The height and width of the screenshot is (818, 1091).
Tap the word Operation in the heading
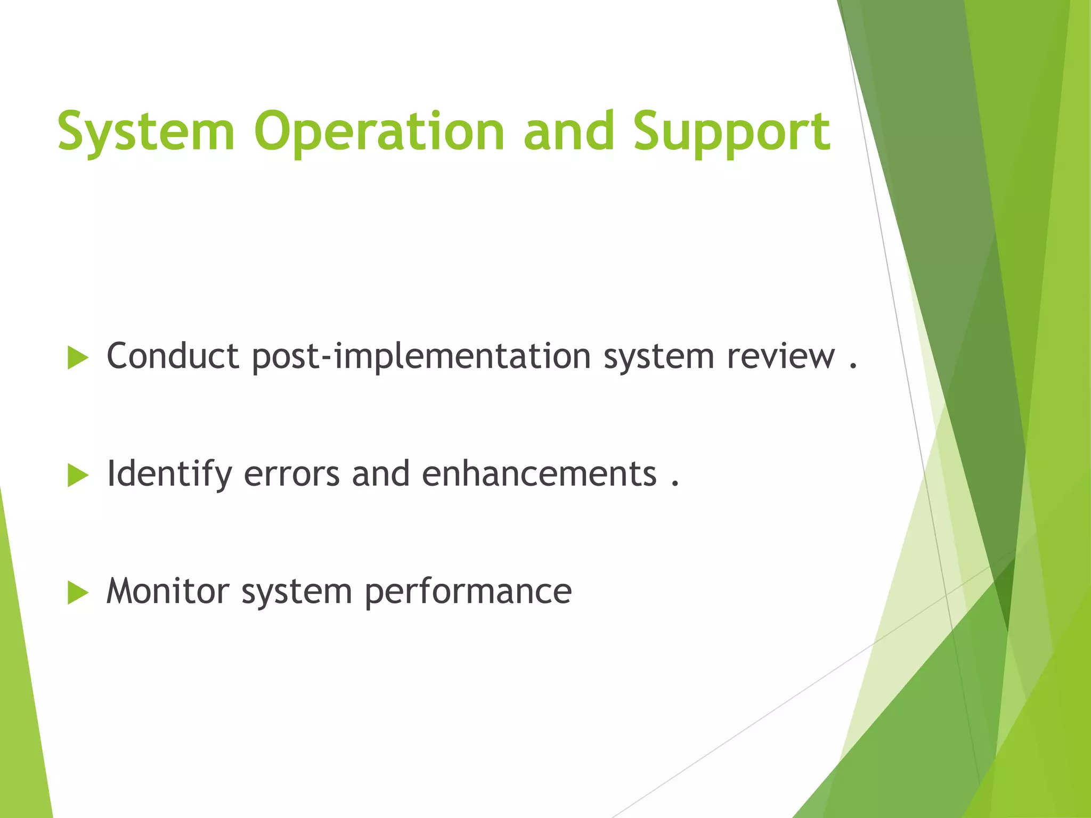tap(379, 132)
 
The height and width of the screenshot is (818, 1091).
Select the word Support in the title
tap(731, 132)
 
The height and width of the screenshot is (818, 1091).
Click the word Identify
tap(169, 474)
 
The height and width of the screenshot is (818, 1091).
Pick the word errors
tap(291, 474)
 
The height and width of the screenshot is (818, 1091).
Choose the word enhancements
tap(539, 474)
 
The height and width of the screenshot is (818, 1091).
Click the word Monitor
tap(168, 591)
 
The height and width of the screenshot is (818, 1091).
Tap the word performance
tap(468, 592)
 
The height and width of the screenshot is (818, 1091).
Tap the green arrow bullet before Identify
tap(78, 475)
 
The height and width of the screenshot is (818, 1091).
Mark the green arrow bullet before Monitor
tap(78, 593)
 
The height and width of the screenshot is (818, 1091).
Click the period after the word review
tap(853, 366)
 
